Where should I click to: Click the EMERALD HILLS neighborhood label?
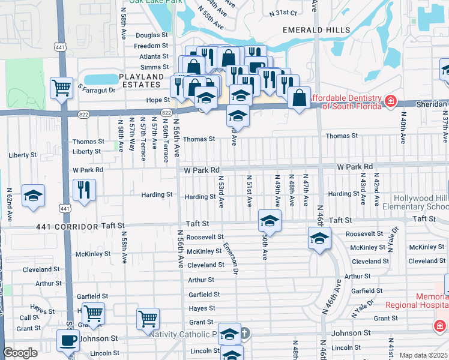point(307,29)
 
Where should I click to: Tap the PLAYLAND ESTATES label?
point(141,81)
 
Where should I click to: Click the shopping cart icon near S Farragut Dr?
point(62,88)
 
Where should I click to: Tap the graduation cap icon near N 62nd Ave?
point(34,196)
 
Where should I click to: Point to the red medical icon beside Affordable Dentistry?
point(390,101)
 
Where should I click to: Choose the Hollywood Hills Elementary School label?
point(421,202)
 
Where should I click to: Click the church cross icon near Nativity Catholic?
point(245,332)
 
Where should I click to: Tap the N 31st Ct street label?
point(283,13)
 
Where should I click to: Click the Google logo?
point(20,353)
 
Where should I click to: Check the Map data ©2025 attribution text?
point(423,355)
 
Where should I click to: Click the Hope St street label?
point(158,100)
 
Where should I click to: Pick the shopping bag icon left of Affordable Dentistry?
point(299,98)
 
